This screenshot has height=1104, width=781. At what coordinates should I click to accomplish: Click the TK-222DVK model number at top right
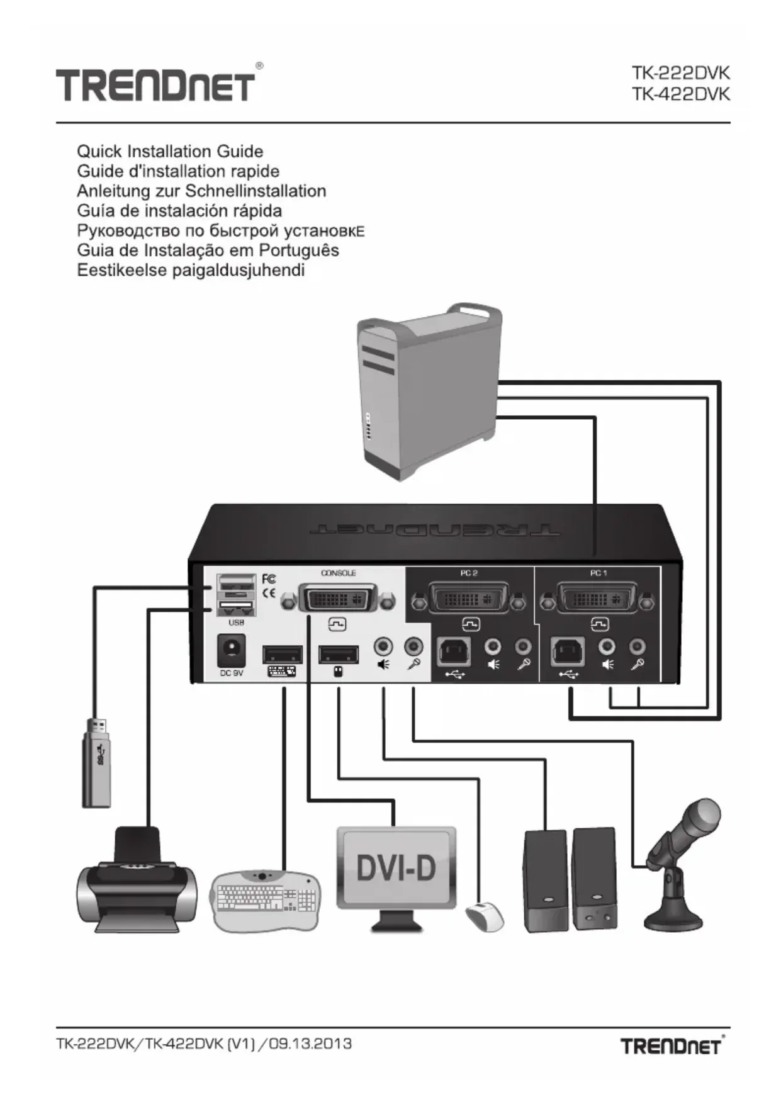(x=680, y=73)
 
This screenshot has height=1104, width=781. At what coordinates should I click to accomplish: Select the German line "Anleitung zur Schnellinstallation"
(x=201, y=191)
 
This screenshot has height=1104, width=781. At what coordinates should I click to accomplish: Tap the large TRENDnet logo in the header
(x=156, y=85)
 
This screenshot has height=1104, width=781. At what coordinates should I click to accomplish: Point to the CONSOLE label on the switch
(x=338, y=573)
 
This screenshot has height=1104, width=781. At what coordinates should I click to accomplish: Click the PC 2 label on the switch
(x=469, y=573)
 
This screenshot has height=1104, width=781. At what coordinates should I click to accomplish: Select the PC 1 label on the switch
(x=598, y=573)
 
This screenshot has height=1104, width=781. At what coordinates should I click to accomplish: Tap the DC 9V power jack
(x=230, y=650)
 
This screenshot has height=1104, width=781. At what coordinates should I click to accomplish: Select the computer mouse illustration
(x=484, y=917)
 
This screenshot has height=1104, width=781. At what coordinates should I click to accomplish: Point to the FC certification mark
(x=268, y=578)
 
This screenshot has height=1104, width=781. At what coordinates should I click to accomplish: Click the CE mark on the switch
(x=268, y=593)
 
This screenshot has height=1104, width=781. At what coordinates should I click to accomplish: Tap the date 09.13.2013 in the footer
(x=310, y=1044)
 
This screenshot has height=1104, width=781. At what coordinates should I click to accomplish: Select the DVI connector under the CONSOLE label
(x=338, y=598)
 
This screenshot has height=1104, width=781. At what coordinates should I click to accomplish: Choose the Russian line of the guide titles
(x=220, y=230)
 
